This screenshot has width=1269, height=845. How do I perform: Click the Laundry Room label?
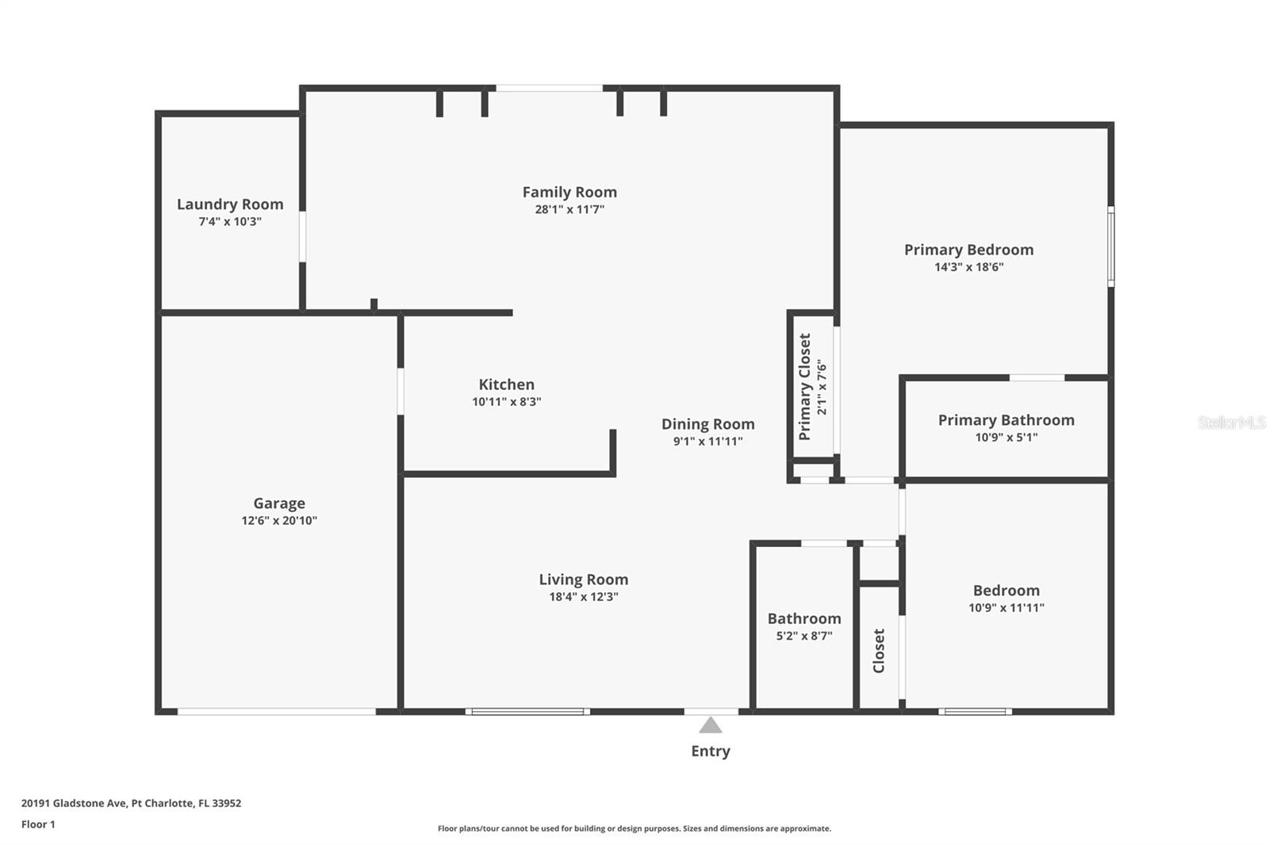230,204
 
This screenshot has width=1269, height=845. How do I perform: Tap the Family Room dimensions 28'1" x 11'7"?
569,209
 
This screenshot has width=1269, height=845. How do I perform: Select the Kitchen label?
507,384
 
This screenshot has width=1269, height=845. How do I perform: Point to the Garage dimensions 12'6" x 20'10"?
279,521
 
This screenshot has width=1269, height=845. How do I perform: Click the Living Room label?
584,579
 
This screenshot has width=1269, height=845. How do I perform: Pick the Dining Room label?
707,424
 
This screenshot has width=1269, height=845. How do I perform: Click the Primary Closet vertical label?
804,387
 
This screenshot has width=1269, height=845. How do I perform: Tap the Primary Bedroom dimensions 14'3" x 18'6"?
968,267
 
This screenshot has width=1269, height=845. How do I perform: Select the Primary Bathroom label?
1006,420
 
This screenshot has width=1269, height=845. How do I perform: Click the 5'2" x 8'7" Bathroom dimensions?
804,636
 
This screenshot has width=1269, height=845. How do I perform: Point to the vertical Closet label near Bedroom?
879,651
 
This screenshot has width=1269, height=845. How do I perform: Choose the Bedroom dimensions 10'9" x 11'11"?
1006,608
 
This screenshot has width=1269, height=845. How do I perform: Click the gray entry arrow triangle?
711,725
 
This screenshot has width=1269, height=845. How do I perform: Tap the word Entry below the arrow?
711,751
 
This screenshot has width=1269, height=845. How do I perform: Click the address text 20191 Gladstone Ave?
75,803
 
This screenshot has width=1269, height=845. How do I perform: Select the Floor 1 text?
38,824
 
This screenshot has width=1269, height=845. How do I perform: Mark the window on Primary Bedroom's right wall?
1111,247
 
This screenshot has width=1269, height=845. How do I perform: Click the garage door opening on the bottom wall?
277,711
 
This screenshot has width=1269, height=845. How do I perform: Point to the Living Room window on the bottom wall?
527,711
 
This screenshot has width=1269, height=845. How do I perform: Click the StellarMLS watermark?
1232,422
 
